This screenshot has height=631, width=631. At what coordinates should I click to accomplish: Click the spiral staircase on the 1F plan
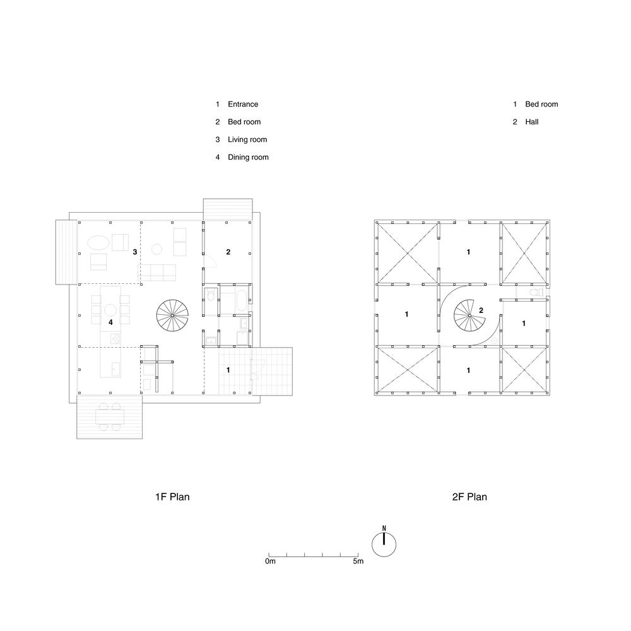(173, 315)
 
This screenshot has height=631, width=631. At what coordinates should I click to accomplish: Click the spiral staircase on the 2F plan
(469, 315)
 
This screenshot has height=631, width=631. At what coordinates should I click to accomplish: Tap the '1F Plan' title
(172, 497)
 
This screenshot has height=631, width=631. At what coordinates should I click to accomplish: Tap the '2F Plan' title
(469, 497)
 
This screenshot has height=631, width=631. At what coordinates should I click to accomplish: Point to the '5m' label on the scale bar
(358, 561)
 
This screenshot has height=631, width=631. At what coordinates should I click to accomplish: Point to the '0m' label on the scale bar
(271, 561)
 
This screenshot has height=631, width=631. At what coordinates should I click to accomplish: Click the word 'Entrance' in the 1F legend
(243, 104)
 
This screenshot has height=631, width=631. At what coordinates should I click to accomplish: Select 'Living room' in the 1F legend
(247, 139)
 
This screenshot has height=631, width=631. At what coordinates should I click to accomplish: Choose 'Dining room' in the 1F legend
(248, 157)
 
